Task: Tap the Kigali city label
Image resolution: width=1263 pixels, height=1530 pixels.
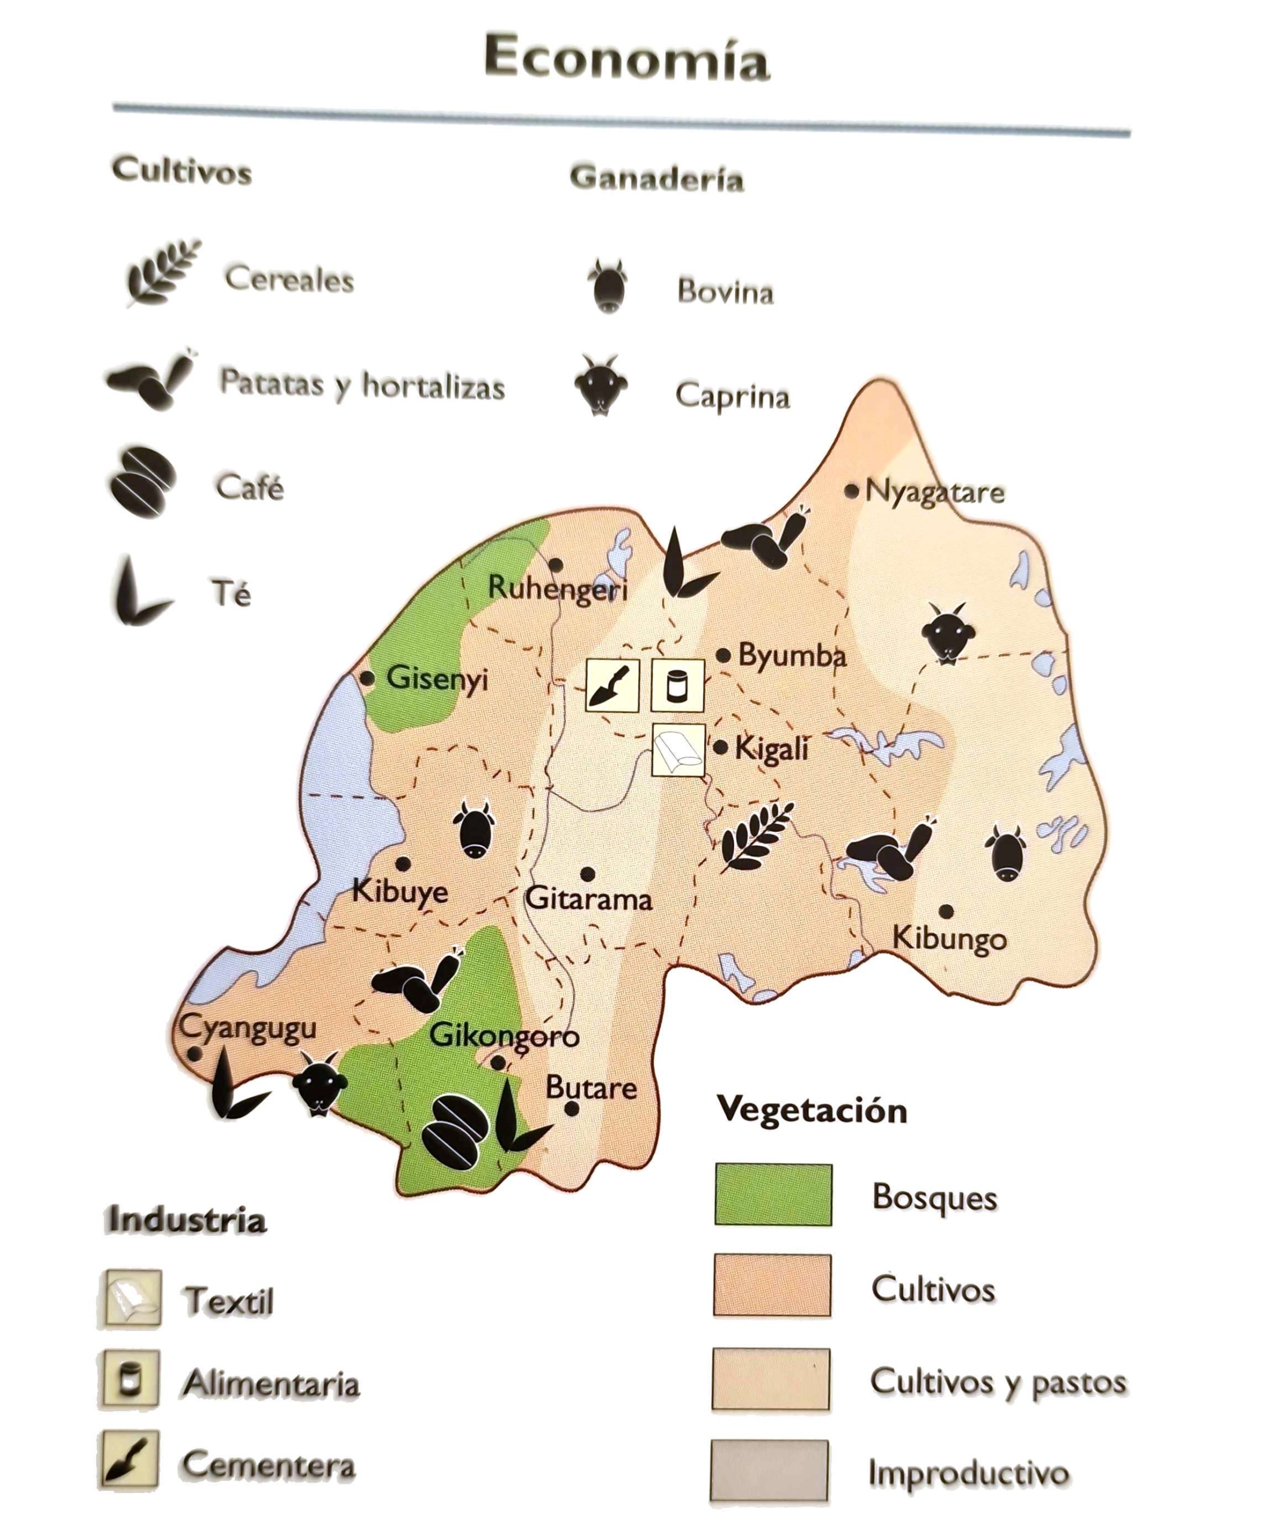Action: pos(771,748)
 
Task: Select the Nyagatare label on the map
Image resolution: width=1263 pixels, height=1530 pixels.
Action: pos(934,492)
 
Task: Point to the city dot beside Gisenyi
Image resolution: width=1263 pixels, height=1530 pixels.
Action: pos(368,678)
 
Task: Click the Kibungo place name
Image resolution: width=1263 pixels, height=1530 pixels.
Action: pos(949,937)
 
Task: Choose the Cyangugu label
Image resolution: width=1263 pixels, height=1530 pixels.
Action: pos(248,1028)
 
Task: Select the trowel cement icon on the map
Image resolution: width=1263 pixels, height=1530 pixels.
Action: pos(613,684)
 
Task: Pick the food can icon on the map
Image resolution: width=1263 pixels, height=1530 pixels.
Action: pos(677,684)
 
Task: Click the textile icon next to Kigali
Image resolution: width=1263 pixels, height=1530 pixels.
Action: pos(677,749)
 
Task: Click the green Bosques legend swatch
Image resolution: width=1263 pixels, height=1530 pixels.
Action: pos(773,1194)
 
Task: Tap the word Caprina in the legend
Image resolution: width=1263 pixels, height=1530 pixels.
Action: pos(732,396)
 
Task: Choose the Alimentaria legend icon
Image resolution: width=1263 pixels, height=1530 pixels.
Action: pos(130,1377)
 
